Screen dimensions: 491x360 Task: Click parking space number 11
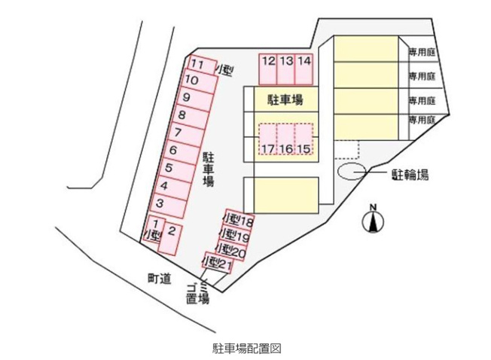point(203,65)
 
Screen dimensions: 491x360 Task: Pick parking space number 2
point(170,238)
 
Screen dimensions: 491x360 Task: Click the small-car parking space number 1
point(153,229)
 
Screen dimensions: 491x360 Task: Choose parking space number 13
point(286,69)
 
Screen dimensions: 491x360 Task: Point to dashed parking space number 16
point(286,139)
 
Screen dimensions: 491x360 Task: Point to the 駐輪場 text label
point(410,175)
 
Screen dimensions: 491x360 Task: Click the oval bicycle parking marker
point(352,172)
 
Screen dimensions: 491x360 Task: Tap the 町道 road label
point(160,278)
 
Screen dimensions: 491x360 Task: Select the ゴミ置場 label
point(197,293)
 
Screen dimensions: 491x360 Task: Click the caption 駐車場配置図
point(247,349)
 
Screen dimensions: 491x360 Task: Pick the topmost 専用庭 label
point(422,52)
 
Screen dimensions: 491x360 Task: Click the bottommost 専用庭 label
point(422,120)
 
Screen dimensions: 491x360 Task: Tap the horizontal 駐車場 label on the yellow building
point(285,99)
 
